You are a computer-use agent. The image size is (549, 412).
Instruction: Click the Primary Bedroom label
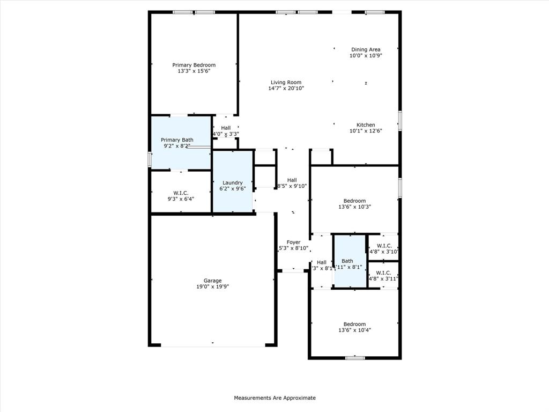[194, 65]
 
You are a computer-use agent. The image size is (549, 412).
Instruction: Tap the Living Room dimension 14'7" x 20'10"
[286, 89]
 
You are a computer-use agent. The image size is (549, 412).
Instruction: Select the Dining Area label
[366, 49]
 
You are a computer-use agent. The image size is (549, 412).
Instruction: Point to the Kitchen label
[366, 125]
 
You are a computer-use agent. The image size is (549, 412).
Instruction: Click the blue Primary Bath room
[180, 156]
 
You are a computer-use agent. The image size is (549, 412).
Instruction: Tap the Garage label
[212, 281]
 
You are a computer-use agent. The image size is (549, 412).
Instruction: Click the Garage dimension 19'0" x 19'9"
[212, 287]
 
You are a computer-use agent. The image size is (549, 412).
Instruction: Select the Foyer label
[293, 242]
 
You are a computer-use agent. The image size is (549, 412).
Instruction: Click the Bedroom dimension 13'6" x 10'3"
[354, 207]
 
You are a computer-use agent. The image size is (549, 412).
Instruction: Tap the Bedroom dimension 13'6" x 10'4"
[354, 330]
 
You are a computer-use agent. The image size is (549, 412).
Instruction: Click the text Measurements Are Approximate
[274, 398]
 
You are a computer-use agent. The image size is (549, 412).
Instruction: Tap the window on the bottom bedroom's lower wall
[354, 358]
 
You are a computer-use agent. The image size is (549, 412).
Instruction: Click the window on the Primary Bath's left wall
[150, 159]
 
